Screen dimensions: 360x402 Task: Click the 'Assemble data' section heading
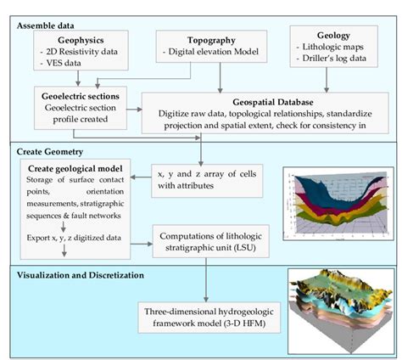[x=48, y=25]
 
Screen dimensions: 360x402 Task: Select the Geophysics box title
[x=81, y=41]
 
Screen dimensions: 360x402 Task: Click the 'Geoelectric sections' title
[x=80, y=97]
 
